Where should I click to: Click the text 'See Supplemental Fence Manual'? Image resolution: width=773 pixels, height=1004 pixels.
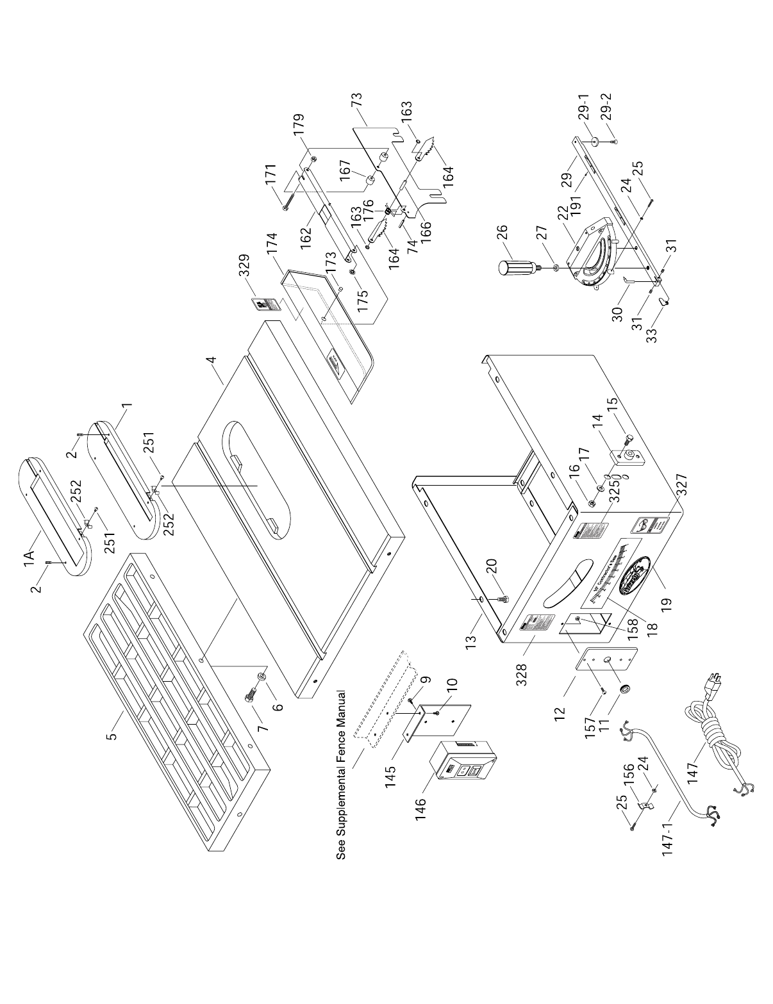click(342, 775)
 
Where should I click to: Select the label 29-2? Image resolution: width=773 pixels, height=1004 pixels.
click(605, 107)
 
